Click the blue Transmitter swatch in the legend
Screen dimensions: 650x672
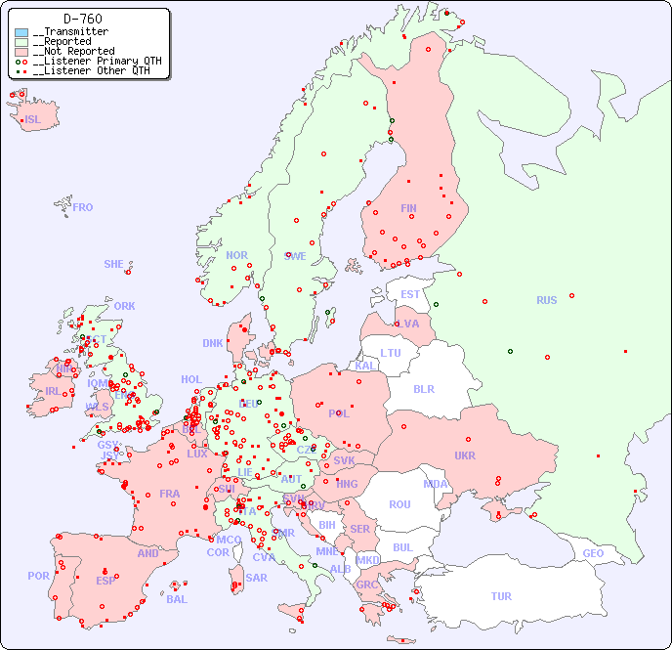pos(21,32)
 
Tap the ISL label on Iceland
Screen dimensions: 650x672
pos(33,120)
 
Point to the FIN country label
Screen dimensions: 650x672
pos(408,208)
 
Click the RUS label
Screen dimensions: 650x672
pos(546,300)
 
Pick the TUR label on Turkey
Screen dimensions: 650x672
pos(501,596)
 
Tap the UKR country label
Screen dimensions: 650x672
pos(465,455)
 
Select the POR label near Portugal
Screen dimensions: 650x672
pos(38,576)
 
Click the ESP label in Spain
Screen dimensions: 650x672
pos(105,580)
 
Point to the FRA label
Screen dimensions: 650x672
pos(170,494)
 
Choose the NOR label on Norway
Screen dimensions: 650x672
pos(236,255)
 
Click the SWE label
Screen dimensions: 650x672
pos(295,256)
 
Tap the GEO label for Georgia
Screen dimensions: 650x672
pos(593,553)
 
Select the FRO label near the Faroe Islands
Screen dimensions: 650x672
pos(83,207)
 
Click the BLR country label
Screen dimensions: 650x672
pos(423,388)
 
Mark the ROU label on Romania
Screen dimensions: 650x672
pos(399,504)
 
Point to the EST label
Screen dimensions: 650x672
pos(410,294)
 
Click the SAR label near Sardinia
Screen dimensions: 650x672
pos(256,578)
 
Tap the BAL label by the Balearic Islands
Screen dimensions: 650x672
pos(176,599)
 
